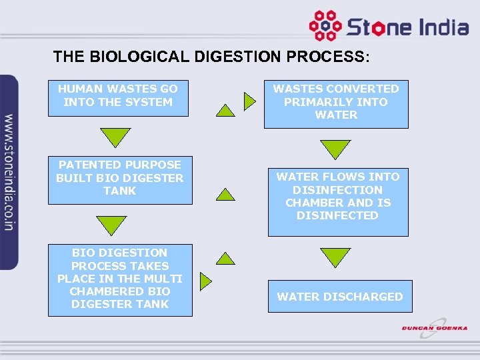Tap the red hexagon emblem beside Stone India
point(325,26)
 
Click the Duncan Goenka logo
point(434,328)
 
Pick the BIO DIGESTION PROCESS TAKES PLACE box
point(120,279)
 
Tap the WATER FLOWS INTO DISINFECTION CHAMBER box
point(338,201)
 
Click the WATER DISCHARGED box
point(340,297)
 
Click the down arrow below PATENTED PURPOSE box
point(111,224)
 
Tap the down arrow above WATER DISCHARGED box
point(335,256)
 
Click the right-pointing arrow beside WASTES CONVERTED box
point(249,101)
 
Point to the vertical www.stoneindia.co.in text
point(9,172)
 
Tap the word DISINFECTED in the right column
point(337,215)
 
